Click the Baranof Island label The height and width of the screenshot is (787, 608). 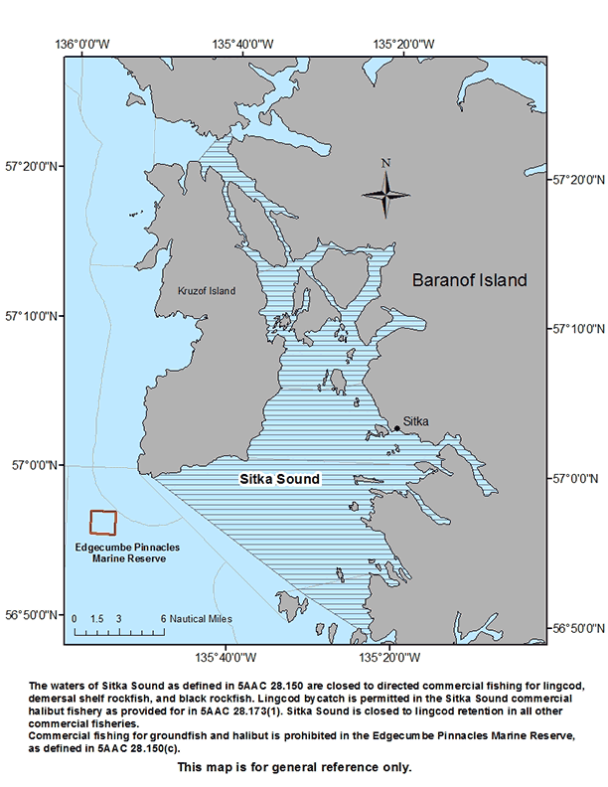click(x=470, y=280)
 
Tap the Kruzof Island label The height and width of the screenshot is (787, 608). click(x=206, y=291)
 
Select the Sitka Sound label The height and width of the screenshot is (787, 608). click(x=280, y=479)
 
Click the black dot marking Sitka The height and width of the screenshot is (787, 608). click(x=396, y=428)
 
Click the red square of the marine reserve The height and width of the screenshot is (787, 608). click(x=103, y=524)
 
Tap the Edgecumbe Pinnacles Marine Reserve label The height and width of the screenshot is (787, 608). click(x=120, y=552)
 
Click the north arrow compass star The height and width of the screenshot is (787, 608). click(x=386, y=193)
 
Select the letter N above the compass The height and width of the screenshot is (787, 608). click(x=386, y=163)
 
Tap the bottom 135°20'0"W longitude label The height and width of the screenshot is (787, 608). click(x=388, y=656)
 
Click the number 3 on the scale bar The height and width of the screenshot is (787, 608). click(x=118, y=618)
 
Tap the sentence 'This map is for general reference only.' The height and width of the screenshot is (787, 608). click(x=294, y=767)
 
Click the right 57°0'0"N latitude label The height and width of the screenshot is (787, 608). click(x=575, y=478)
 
